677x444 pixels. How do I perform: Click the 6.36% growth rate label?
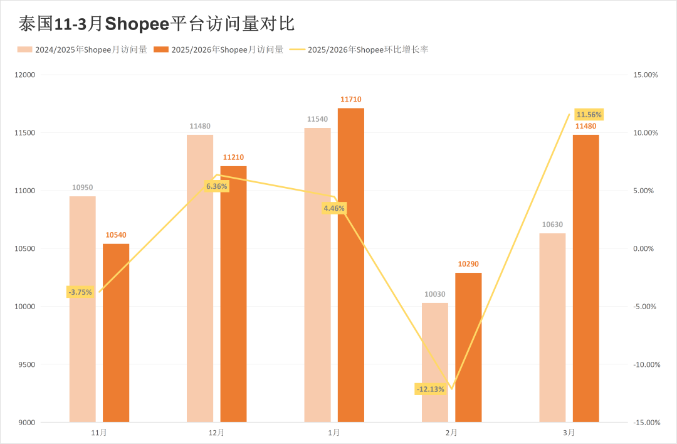coord(217,186)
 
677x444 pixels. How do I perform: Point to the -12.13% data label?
coord(431,389)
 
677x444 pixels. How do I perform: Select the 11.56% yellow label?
coord(589,115)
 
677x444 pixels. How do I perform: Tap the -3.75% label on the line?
coord(81,292)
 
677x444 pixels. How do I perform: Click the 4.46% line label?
coord(334,208)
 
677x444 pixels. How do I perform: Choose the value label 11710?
coord(350,99)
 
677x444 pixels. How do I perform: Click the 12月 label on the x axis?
coord(217,433)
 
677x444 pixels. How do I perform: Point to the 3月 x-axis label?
coord(569,433)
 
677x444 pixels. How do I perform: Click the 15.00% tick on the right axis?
coord(646,75)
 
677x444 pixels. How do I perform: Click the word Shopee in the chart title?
coord(137,24)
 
